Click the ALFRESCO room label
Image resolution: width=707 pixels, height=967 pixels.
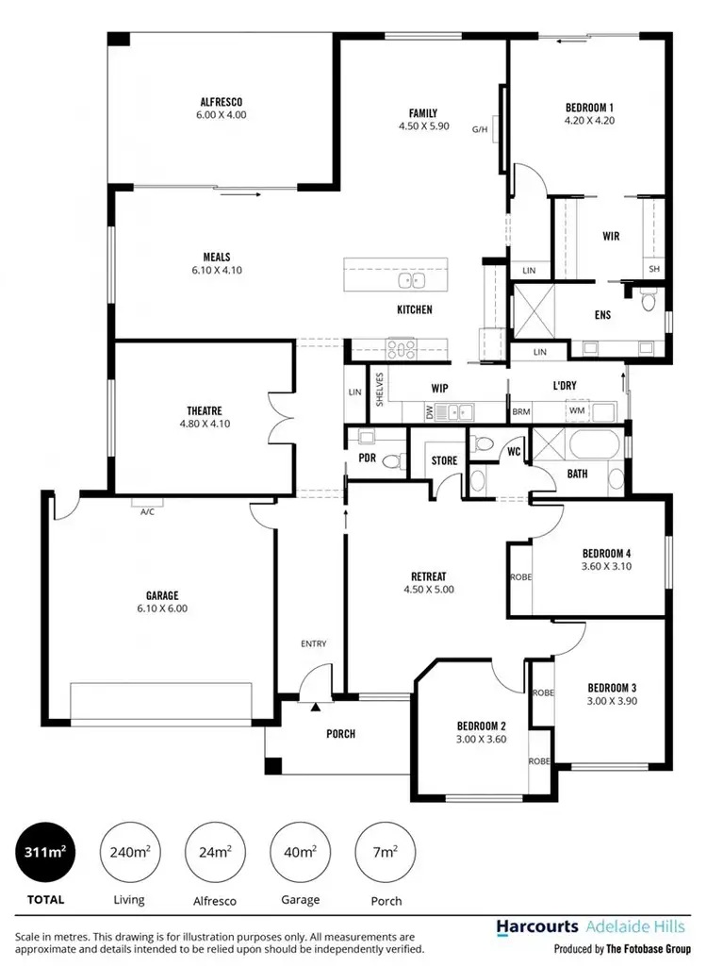point(222,101)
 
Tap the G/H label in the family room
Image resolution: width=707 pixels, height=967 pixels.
point(479,131)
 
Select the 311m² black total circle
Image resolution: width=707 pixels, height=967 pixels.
point(44,852)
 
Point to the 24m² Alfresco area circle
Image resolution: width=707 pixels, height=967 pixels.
point(215,852)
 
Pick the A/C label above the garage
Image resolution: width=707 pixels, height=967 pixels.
point(147,512)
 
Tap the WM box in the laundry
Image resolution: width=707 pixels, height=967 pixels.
point(576,411)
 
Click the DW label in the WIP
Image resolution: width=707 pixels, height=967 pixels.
point(429,411)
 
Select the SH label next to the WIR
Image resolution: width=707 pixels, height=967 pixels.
point(653,269)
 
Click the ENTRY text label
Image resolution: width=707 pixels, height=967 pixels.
point(314,643)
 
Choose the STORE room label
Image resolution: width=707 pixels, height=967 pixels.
point(444,461)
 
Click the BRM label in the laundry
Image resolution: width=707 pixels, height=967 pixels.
point(520,412)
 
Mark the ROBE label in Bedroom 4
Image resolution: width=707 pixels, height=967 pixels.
point(520,576)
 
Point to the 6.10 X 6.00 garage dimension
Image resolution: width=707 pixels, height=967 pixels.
point(162,609)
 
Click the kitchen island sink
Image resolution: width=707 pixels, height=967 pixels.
point(411,280)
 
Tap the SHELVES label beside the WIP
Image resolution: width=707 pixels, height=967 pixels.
point(379,388)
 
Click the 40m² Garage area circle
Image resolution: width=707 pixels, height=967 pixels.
point(300,852)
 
